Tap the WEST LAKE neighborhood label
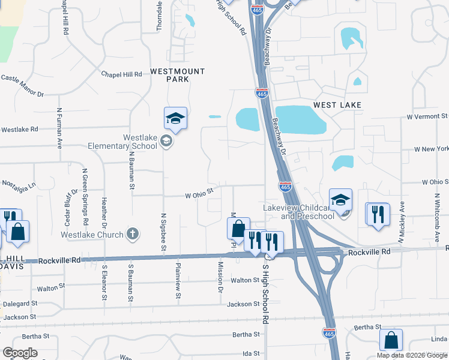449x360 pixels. pyautogui.click(x=338, y=105)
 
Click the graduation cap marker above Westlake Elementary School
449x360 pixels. pyautogui.click(x=175, y=119)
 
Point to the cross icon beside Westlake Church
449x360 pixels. pyautogui.click(x=133, y=234)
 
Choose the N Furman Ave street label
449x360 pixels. pyautogui.click(x=59, y=127)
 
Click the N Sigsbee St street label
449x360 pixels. pyautogui.click(x=163, y=232)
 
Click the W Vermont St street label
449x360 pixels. pyautogui.click(x=427, y=116)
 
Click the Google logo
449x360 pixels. pyautogui.click(x=20, y=353)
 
